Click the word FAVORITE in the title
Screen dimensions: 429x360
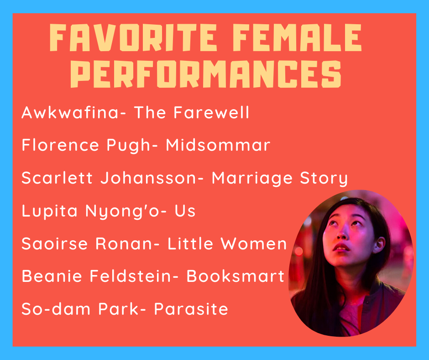pyautogui.click(x=133, y=37)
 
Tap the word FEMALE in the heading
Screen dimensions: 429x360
pyautogui.click(x=297, y=37)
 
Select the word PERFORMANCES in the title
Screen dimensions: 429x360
pyautogui.click(x=206, y=74)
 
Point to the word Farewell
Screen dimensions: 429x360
pyautogui.click(x=211, y=112)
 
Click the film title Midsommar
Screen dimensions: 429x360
pyautogui.click(x=218, y=145)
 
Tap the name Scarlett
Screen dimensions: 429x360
pyautogui.click(x=57, y=178)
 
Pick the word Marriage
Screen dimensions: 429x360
pyautogui.click(x=252, y=178)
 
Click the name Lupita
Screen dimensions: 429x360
pyautogui.click(x=50, y=211)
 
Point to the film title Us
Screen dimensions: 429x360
pyautogui.click(x=185, y=211)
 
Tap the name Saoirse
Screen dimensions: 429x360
pyautogui.click(x=54, y=244)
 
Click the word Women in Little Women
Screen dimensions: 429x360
pyautogui.click(x=254, y=244)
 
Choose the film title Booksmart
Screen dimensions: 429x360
pyautogui.click(x=235, y=276)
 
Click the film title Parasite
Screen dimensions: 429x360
pyautogui.click(x=191, y=309)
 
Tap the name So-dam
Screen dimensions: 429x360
pyautogui.click(x=56, y=309)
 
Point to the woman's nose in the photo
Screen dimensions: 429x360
pyautogui.click(x=342, y=233)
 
